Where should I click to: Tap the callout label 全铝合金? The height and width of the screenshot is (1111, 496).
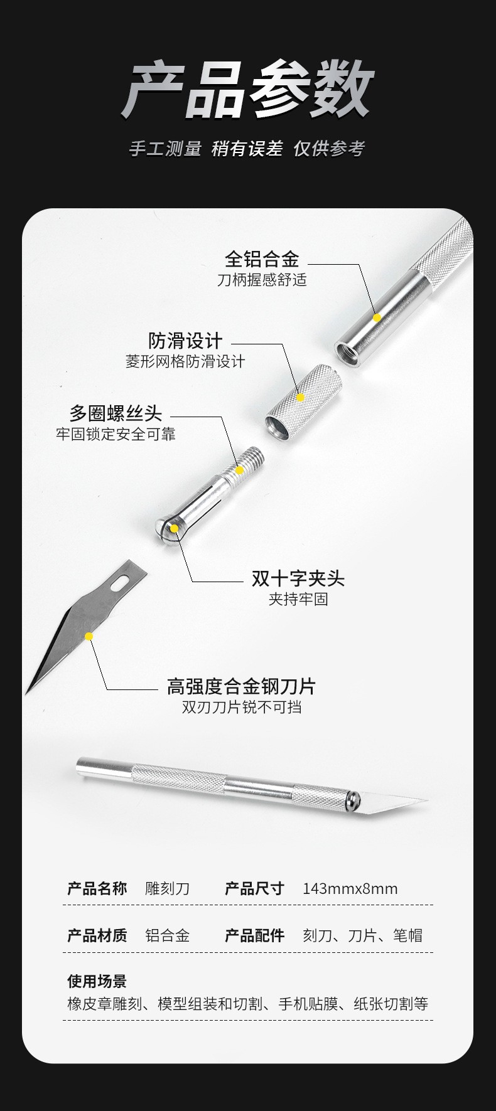point(262,258)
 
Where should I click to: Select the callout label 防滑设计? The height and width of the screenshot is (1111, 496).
point(185,341)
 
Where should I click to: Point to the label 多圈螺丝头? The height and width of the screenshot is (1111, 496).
point(116,413)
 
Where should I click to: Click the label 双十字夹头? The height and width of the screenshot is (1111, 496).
point(298,578)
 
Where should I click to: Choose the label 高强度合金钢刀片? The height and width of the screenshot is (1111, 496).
point(241,686)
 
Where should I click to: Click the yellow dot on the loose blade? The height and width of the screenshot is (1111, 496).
point(89,636)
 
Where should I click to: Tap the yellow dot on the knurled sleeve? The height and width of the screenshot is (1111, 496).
point(301,397)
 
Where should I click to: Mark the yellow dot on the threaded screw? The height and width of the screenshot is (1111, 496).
point(239,470)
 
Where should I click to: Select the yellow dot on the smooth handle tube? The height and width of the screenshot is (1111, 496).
point(377,318)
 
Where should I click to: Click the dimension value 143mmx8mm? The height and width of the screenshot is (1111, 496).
point(350,888)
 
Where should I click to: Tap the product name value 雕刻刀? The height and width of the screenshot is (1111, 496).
point(167,888)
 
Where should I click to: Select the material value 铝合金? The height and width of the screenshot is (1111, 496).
point(167,935)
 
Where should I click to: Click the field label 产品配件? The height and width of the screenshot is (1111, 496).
point(254,935)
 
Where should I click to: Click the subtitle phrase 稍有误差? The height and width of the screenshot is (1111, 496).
point(247,149)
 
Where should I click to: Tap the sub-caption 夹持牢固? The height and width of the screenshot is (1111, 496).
point(298,598)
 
